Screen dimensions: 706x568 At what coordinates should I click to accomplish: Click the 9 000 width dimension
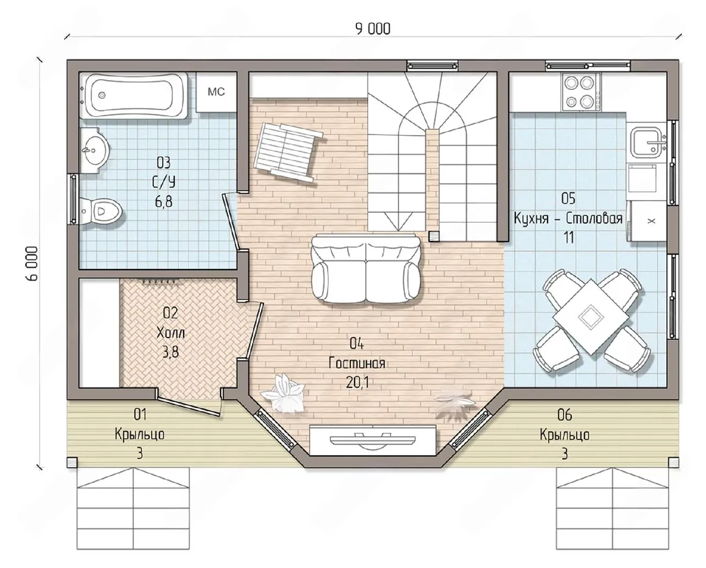(x=373, y=29)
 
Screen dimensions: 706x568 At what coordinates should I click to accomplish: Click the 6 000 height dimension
(x=32, y=264)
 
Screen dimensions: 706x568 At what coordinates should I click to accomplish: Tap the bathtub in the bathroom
(x=134, y=95)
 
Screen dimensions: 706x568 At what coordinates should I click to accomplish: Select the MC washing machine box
(x=216, y=92)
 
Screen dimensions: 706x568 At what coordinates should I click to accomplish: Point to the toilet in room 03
(x=101, y=210)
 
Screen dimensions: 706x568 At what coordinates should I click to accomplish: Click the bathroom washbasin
(x=94, y=151)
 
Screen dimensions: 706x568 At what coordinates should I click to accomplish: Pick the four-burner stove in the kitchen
(x=581, y=92)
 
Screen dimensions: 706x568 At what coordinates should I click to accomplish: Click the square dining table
(x=591, y=317)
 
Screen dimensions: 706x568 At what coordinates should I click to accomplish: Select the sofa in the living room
(x=366, y=268)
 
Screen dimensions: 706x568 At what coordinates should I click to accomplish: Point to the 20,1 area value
(x=357, y=382)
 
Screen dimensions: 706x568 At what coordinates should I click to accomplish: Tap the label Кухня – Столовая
(x=568, y=218)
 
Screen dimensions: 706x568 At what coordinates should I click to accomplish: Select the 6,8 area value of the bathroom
(x=164, y=202)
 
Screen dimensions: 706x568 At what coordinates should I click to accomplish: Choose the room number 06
(x=565, y=415)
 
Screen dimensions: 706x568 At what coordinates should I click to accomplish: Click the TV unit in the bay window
(x=373, y=440)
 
